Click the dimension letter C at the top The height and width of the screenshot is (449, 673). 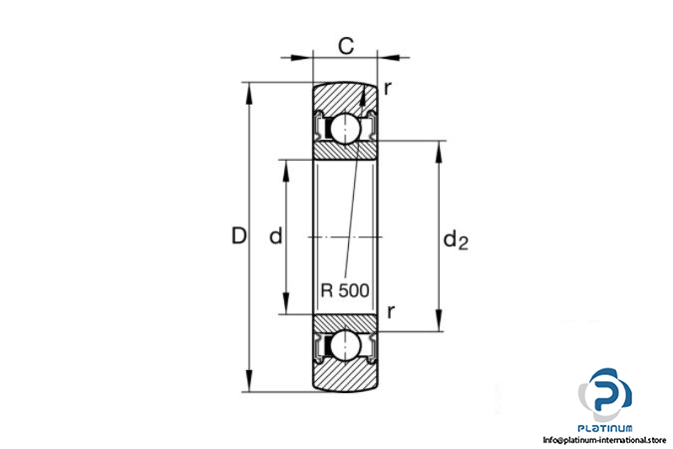(346, 46)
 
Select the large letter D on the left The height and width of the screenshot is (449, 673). (239, 235)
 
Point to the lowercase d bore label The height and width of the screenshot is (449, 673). (275, 235)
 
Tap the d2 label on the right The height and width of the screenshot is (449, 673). (456, 240)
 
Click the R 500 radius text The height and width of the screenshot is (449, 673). (345, 290)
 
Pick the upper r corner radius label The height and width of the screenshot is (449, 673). (388, 89)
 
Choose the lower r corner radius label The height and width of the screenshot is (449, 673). (390, 312)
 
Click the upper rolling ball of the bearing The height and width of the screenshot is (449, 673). (346, 128)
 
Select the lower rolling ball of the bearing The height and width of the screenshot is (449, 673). (346, 345)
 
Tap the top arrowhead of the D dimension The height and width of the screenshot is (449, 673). (248, 93)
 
